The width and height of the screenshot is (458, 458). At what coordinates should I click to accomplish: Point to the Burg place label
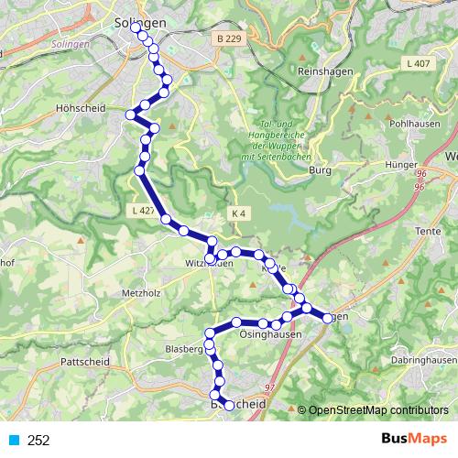click(320, 169)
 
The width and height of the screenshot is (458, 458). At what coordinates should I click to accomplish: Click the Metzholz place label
click(140, 293)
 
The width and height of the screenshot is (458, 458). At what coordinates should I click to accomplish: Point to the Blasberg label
click(183, 349)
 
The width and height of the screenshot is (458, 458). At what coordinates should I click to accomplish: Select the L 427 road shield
click(140, 211)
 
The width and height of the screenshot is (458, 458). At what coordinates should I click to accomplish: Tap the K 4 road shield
click(239, 213)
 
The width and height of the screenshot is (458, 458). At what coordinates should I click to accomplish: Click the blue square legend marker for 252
click(15, 441)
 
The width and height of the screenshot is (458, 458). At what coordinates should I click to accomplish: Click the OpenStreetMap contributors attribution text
click(379, 410)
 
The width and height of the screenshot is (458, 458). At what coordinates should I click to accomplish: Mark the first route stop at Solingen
click(136, 28)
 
